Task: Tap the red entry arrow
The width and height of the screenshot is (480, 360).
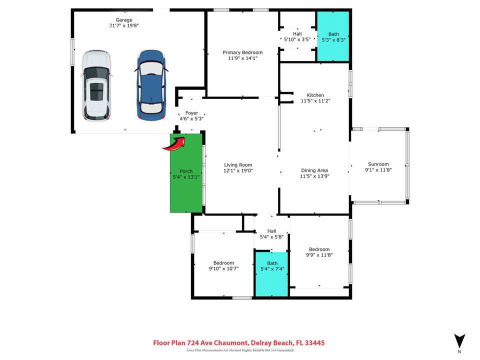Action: click(174, 144)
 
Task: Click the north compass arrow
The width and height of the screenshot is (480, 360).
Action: click(459, 341)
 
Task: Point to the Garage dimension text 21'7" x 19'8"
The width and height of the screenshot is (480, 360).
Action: click(124, 25)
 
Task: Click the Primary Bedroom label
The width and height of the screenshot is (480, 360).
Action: click(242, 52)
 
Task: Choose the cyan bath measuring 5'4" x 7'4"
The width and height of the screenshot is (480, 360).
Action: click(272, 274)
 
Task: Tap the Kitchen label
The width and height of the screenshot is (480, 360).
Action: click(315, 95)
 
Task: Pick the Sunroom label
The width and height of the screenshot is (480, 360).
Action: click(378, 164)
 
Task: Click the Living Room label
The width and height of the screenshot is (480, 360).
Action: click(238, 164)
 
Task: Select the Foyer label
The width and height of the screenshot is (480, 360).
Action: click(192, 113)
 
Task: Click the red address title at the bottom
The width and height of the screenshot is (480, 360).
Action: click(238, 343)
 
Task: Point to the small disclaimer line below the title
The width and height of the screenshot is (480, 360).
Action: click(238, 351)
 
